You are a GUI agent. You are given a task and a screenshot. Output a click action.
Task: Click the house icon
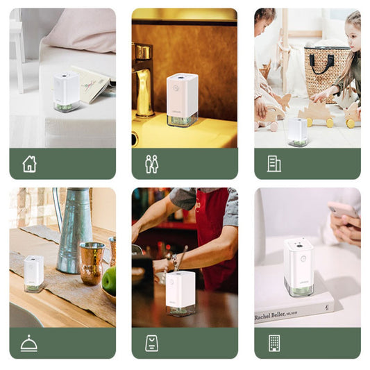tap(29, 164)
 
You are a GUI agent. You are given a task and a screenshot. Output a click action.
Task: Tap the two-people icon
tap(151, 164)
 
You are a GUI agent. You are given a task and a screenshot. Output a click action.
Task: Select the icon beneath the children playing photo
tap(274, 164)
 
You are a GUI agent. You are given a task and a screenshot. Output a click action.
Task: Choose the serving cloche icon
tap(29, 343)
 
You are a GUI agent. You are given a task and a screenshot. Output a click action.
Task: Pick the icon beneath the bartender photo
tap(151, 343)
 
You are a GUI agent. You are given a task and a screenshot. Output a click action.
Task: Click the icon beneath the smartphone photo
tap(274, 343)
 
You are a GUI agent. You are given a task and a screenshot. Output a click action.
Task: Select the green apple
tap(109, 280)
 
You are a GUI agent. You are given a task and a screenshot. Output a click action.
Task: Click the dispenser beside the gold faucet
tap(182, 100)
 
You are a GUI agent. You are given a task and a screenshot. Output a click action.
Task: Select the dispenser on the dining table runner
tap(33, 274)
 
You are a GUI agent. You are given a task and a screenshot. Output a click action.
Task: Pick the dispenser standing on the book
tap(298, 266)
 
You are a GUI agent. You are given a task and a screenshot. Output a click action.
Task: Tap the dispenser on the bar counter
tap(180, 292)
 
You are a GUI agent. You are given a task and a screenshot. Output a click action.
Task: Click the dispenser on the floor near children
tap(298, 131)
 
